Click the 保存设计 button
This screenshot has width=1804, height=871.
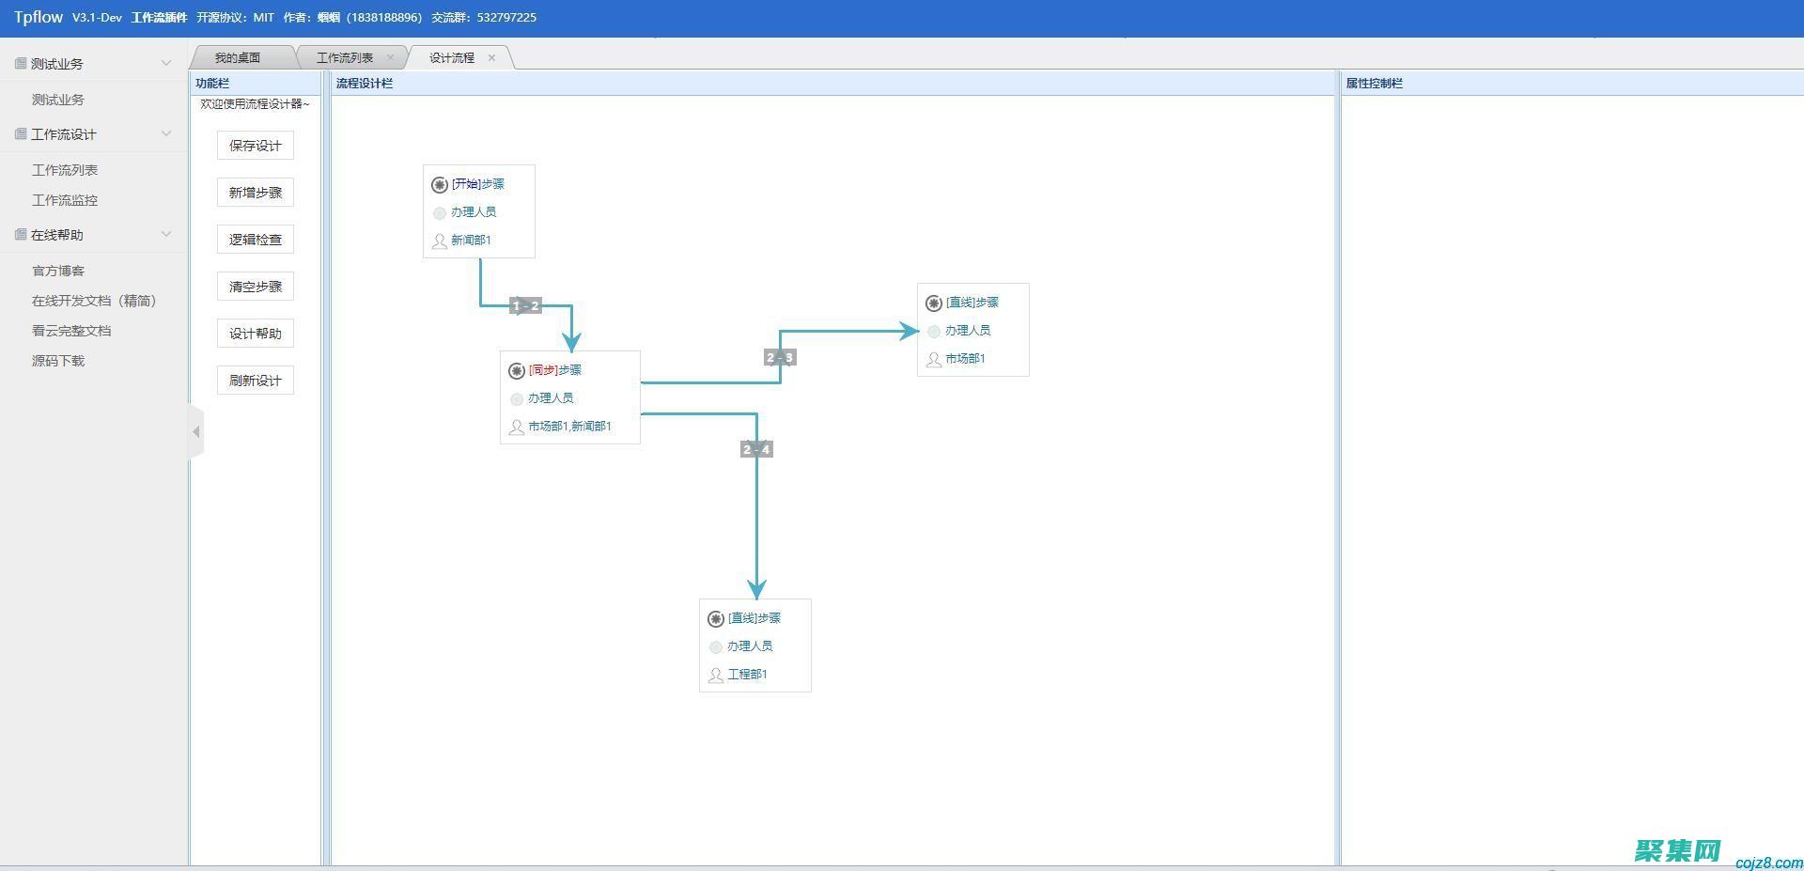click(x=256, y=146)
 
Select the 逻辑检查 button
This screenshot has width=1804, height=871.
click(x=256, y=240)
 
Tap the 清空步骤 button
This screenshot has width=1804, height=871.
click(x=256, y=287)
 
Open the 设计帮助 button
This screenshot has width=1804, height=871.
click(x=256, y=334)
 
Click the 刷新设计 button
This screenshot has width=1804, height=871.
click(x=256, y=381)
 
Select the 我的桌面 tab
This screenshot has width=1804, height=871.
click(x=238, y=58)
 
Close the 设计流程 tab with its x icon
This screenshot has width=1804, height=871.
click(x=491, y=58)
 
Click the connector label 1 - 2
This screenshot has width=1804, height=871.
click(x=526, y=305)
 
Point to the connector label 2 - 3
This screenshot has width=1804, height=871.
click(x=780, y=358)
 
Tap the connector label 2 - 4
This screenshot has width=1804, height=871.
click(x=756, y=450)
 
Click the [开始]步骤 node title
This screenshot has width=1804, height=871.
click(x=477, y=184)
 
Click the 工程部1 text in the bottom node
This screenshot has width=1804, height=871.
click(x=747, y=675)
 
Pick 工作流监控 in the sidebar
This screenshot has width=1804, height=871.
click(x=65, y=200)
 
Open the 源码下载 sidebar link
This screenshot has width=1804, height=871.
click(x=58, y=361)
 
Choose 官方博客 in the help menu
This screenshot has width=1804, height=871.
click(x=58, y=271)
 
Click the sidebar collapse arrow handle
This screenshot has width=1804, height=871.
click(x=195, y=432)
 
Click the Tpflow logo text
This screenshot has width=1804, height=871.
click(x=39, y=17)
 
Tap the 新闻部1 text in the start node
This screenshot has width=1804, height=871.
click(x=471, y=241)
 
